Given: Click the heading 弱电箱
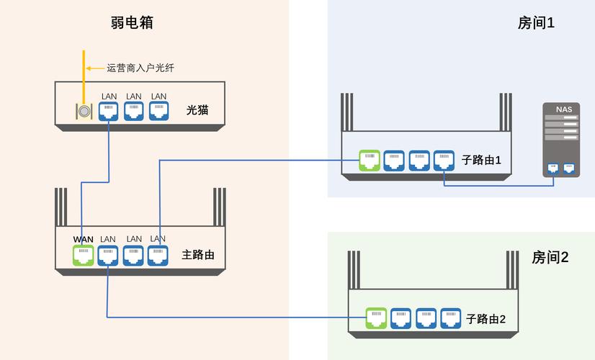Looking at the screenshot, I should tap(132, 22).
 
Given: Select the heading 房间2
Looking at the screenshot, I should tap(550, 257).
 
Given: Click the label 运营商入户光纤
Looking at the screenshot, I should tap(140, 68).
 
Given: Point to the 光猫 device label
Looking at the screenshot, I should tap(197, 110).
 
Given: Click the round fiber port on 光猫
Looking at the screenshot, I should tap(84, 111).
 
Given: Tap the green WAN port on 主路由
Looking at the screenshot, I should tap(84, 255).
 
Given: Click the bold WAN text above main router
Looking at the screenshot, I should tap(84, 239).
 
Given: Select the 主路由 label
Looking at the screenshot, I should tap(198, 255).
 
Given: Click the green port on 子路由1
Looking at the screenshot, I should tap(369, 160).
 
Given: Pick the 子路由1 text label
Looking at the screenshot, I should tap(483, 160).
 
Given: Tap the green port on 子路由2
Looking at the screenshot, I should tap(376, 318).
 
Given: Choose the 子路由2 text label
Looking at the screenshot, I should tap(486, 318).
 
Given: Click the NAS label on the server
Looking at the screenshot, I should tap(563, 109).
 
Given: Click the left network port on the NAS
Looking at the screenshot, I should tap(553, 168).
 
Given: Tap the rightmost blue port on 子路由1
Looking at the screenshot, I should tap(444, 160).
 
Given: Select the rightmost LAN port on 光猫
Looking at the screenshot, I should tap(158, 110).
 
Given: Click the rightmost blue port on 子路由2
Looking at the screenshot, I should tap(450, 318).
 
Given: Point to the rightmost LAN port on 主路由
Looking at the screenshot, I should tap(158, 255).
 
